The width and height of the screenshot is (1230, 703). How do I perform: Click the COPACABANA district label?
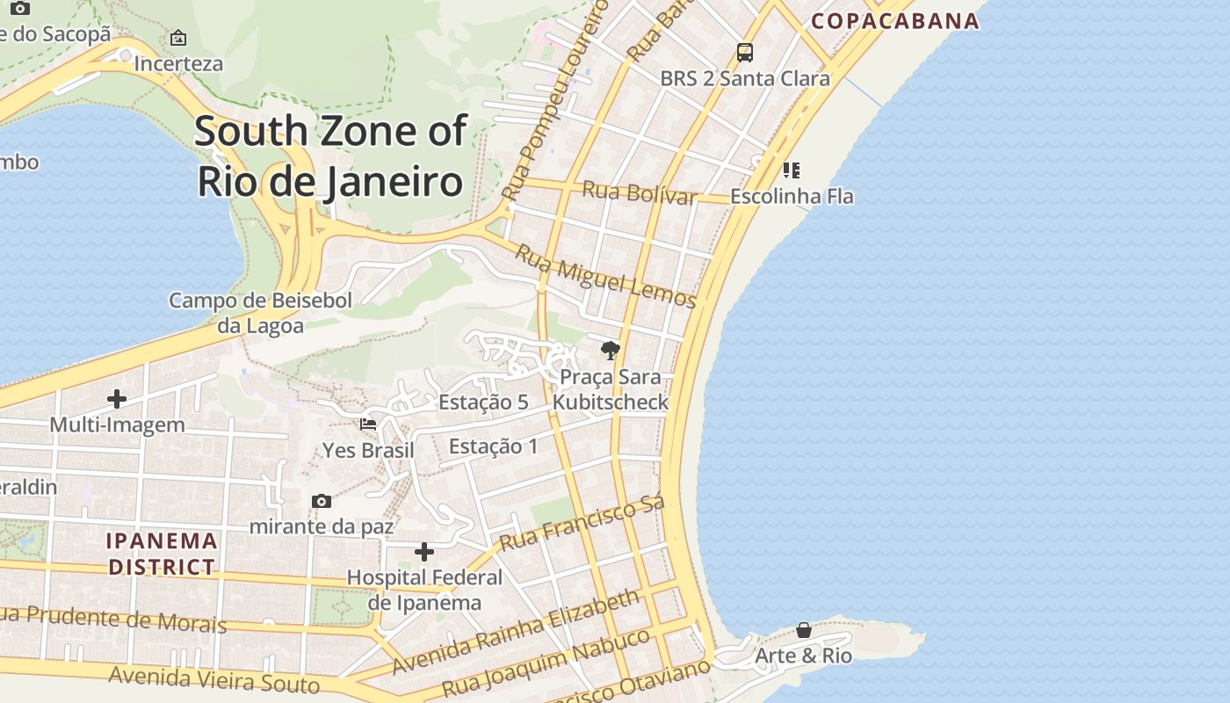[894, 21]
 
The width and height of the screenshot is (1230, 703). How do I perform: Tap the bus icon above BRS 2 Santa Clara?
[745, 53]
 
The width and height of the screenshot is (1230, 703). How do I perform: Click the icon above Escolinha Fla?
[792, 170]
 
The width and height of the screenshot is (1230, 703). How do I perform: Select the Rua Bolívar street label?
[640, 192]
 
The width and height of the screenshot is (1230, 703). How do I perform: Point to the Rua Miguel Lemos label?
[605, 276]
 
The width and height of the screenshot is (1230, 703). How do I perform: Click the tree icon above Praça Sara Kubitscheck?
[610, 351]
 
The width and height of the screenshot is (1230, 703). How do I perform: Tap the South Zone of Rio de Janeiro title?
[329, 156]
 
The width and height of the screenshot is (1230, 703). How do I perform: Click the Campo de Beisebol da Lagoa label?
[260, 313]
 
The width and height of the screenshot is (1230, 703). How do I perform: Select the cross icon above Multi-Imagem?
[117, 399]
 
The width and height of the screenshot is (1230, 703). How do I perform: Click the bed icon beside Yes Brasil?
[368, 424]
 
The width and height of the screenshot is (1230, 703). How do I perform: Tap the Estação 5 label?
[483, 402]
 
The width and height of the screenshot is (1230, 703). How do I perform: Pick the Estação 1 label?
[493, 446]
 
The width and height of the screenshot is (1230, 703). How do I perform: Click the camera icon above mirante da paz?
[322, 501]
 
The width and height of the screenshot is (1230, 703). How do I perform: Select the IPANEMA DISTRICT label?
[162, 554]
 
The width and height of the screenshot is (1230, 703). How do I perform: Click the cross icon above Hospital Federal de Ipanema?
[424, 552]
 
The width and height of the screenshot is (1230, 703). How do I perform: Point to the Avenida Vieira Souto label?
[214, 679]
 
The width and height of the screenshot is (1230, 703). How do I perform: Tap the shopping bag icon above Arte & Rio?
[804, 630]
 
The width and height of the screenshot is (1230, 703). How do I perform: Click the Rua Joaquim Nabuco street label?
[546, 664]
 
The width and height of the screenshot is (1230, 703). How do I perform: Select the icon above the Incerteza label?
[178, 38]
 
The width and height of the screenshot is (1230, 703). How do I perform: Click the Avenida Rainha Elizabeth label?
[516, 632]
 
